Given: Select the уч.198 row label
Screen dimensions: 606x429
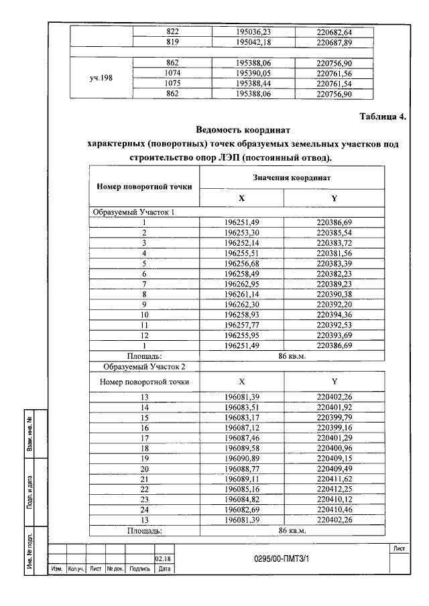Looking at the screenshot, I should pyautogui.click(x=101, y=78).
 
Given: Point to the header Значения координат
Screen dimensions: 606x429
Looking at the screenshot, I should pyautogui.click(x=292, y=177).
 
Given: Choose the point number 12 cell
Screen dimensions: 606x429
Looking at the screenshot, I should pyautogui.click(x=143, y=335).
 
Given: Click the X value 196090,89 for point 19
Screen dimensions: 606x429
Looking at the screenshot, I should pyautogui.click(x=242, y=458).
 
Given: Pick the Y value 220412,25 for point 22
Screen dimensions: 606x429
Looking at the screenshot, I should pyautogui.click(x=334, y=488).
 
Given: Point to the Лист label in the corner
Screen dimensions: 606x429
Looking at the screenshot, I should pyautogui.click(x=400, y=548).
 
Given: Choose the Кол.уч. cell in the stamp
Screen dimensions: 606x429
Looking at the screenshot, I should pyautogui.click(x=76, y=569).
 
